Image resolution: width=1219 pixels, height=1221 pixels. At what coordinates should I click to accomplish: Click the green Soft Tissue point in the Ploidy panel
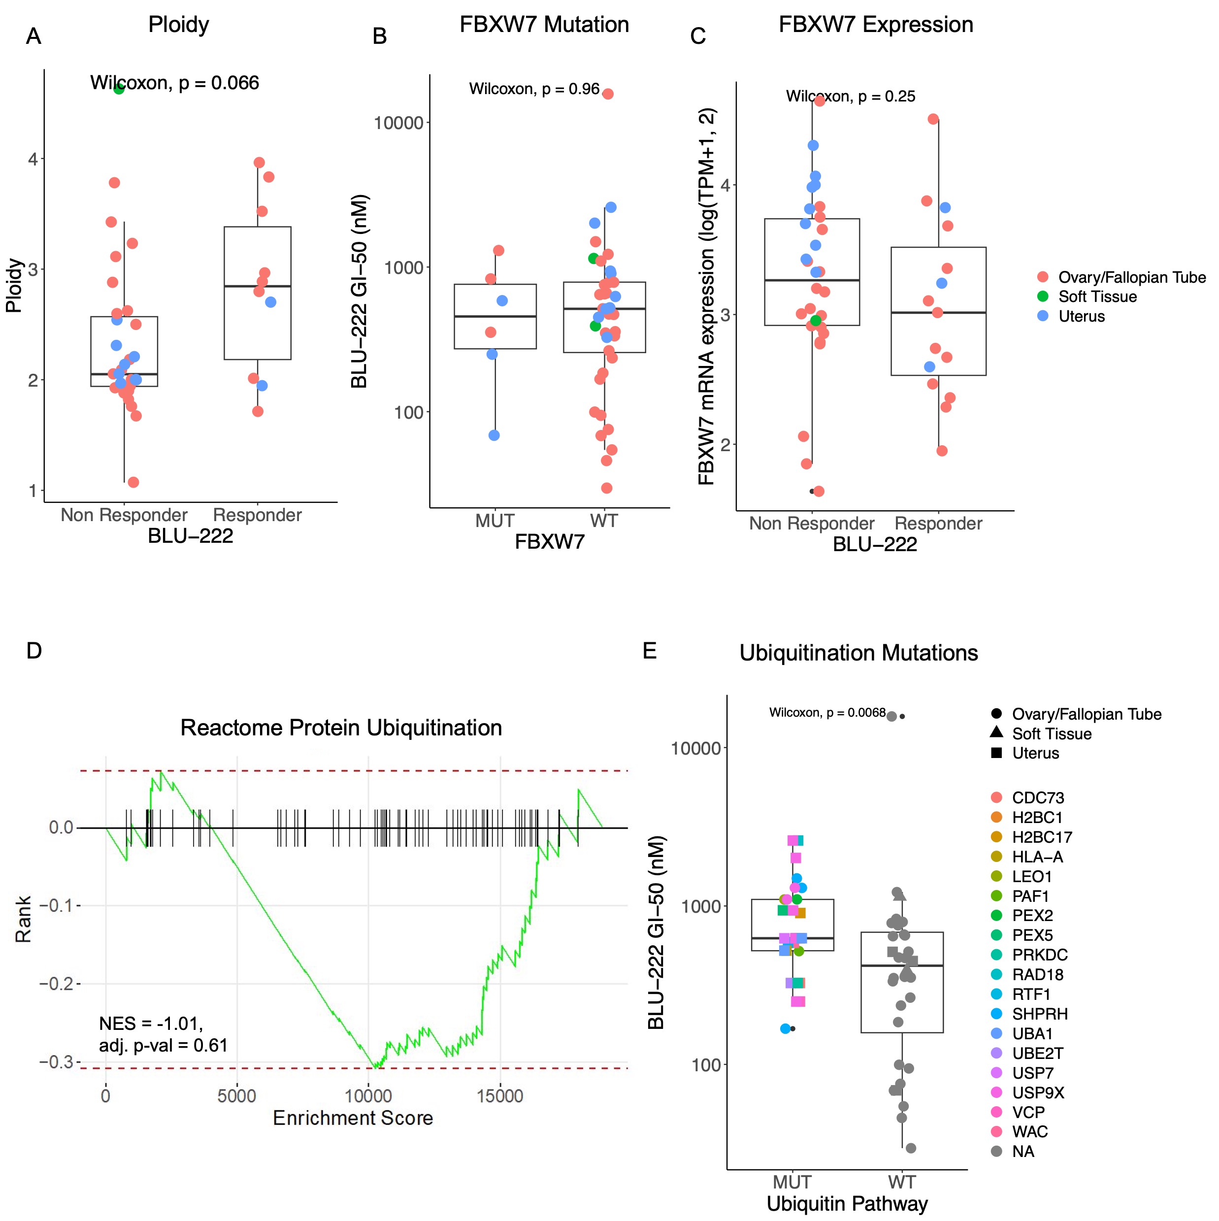[x=119, y=89]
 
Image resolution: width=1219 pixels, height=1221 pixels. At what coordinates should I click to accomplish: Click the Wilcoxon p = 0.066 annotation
[x=174, y=83]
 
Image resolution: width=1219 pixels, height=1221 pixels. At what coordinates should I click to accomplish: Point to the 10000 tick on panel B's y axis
[x=398, y=123]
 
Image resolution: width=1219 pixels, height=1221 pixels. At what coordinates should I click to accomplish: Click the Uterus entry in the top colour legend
[x=1081, y=316]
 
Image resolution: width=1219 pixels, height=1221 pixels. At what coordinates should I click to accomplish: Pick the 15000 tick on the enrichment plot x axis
[x=500, y=1095]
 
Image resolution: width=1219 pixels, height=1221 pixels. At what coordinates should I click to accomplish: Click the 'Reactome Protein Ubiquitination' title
[x=341, y=727]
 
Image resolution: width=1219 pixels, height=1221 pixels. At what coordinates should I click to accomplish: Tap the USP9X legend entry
[x=1038, y=1093]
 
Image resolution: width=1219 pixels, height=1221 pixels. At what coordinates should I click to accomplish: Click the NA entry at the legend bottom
[x=1022, y=1152]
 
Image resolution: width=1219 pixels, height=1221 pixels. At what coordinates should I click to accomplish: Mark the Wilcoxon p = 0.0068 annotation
[x=826, y=713]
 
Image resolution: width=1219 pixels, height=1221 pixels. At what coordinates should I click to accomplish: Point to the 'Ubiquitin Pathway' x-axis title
[x=847, y=1203]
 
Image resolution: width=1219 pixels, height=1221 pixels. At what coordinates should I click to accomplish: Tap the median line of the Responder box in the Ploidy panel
[x=257, y=286]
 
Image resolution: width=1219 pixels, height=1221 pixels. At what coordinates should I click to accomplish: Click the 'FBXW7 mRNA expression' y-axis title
[x=706, y=297]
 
